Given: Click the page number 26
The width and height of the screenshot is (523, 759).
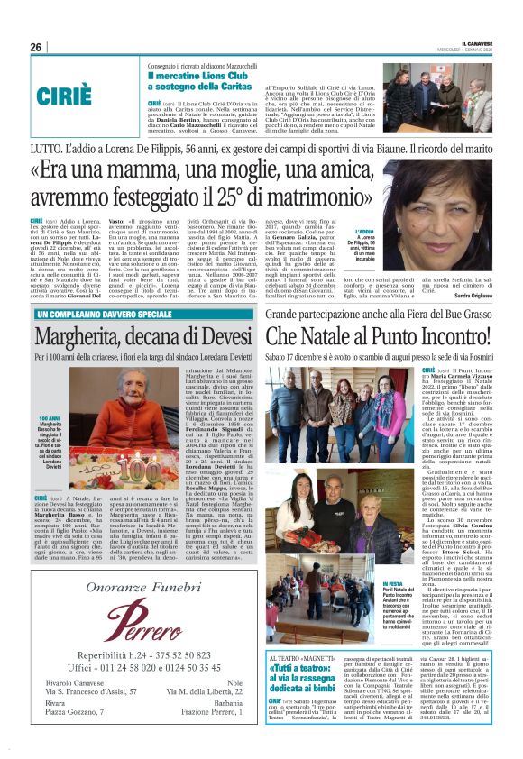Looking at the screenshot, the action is pyautogui.click(x=36, y=47).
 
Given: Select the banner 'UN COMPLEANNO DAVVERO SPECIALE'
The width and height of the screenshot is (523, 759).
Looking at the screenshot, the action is pyautogui.click(x=104, y=314).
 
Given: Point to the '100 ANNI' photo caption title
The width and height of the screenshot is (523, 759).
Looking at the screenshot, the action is pyautogui.click(x=50, y=420).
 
